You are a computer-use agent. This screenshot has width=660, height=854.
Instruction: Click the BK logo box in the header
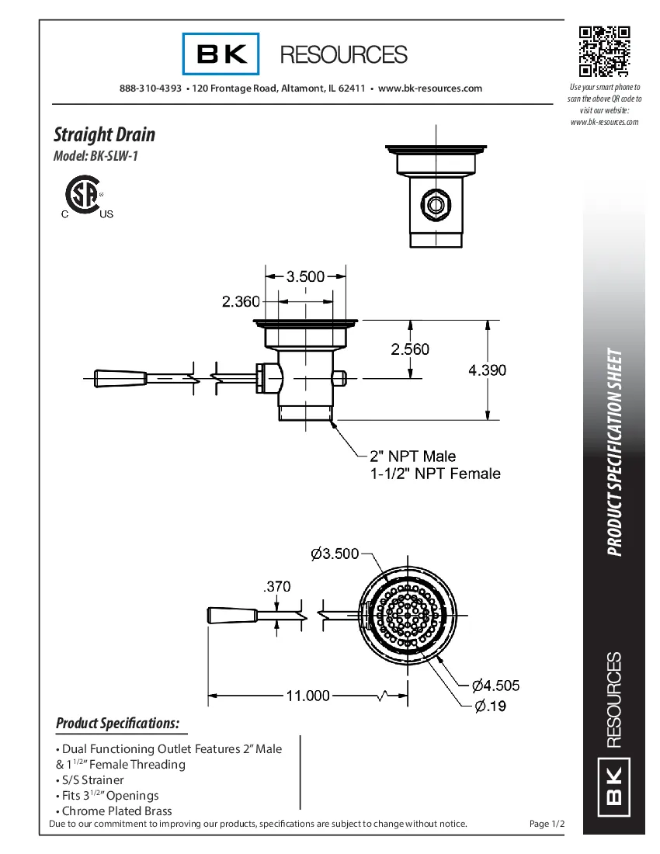(x=221, y=54)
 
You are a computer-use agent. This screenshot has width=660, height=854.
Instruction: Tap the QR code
(x=604, y=51)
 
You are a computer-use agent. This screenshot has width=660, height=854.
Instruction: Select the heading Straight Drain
(x=104, y=134)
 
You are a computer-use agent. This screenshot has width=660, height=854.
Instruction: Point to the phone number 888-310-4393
(x=151, y=89)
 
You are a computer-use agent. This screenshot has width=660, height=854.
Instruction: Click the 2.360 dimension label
(x=241, y=302)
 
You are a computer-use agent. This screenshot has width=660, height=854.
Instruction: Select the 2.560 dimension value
(x=410, y=349)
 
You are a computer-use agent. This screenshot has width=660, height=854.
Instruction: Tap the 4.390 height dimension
(x=487, y=370)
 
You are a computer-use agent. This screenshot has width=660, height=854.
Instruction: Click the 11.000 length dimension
(x=308, y=696)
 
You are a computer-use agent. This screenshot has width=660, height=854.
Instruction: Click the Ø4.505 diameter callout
(x=496, y=685)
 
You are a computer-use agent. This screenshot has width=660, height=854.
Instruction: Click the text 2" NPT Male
(x=412, y=457)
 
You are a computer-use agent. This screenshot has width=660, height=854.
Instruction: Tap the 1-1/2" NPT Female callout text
(x=436, y=474)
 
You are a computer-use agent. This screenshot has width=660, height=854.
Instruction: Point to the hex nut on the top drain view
(x=435, y=205)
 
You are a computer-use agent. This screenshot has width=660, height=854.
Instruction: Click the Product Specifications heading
(x=117, y=724)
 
